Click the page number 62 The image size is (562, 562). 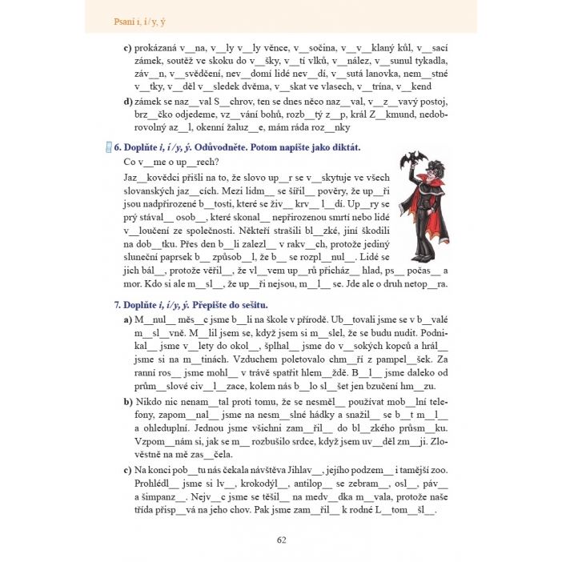pyautogui.click(x=281, y=539)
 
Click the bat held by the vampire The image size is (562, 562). pyautogui.click(x=411, y=159)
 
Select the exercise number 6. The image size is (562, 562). pyautogui.click(x=118, y=148)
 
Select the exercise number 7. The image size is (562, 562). pyautogui.click(x=118, y=305)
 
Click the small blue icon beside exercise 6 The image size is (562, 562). pyautogui.click(x=108, y=147)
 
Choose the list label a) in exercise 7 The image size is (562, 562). pyautogui.click(x=128, y=319)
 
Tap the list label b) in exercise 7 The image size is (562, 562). pyautogui.click(x=128, y=398)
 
